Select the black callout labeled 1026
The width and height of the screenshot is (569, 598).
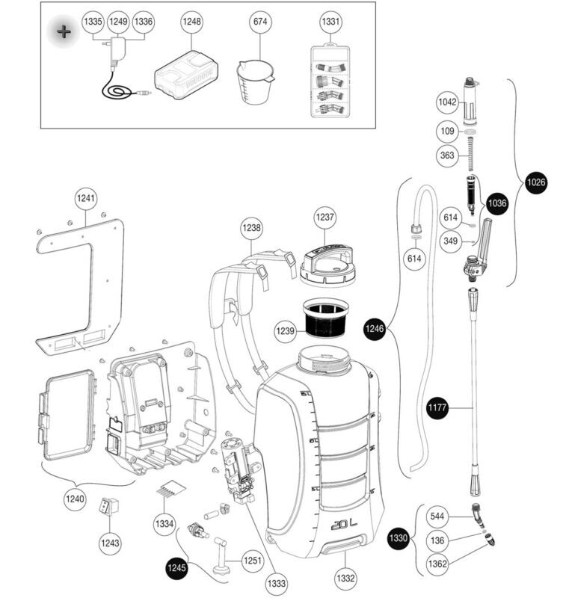coord(536,182)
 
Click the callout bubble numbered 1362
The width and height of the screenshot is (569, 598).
coord(439,563)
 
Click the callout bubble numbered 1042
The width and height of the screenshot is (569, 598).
coord(447,100)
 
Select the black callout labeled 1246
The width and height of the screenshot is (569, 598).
coord(375,327)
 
